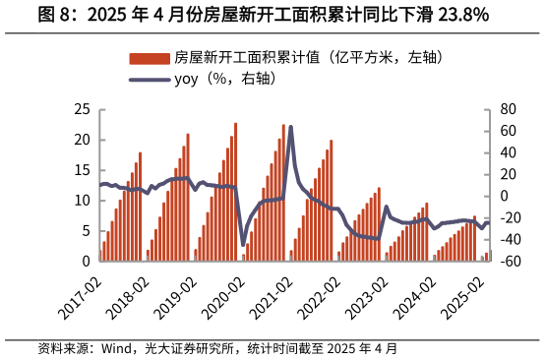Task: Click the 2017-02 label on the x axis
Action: coord(81,296)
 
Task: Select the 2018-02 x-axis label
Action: coord(128,296)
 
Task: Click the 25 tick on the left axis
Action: coord(84,109)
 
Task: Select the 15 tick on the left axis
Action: coord(84,170)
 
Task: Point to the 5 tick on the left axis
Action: coord(88,231)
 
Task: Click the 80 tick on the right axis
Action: coord(508,109)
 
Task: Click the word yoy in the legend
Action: coord(187,79)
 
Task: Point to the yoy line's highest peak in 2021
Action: coord(290,127)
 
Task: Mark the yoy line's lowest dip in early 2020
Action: coord(243,245)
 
